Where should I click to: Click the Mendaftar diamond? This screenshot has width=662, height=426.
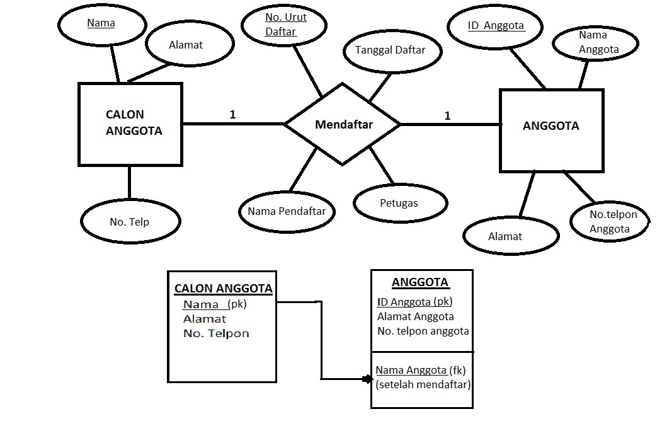click(343, 124)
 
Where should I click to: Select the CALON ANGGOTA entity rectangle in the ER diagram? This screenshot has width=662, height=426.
click(130, 124)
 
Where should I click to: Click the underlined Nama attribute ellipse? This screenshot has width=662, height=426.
click(101, 24)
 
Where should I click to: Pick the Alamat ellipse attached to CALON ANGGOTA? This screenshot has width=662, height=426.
click(186, 45)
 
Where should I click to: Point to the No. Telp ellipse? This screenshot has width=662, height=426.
click(129, 221)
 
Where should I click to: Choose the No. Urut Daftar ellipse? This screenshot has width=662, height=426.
click(285, 26)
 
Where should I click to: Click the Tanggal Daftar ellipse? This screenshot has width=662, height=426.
click(390, 50)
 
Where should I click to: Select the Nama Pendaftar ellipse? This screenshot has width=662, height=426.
click(287, 211)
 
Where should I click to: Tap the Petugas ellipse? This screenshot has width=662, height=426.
click(399, 203)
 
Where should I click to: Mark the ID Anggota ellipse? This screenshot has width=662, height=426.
click(496, 27)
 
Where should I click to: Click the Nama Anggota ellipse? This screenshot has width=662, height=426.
click(598, 43)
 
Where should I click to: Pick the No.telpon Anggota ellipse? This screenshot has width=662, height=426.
click(612, 221)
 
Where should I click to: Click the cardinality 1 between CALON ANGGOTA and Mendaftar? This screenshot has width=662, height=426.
click(232, 115)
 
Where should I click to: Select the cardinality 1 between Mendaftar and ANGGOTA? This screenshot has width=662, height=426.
click(447, 115)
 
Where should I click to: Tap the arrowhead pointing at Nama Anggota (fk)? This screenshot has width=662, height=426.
click(367, 379)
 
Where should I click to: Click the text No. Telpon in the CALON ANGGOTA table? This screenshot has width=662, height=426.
click(216, 333)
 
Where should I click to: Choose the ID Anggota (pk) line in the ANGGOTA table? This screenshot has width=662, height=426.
click(414, 302)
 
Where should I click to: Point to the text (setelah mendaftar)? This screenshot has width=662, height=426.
click(423, 384)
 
